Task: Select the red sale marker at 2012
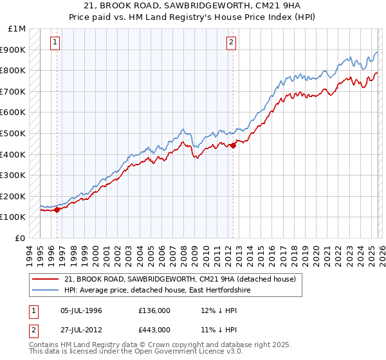233,145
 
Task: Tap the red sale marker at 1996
57,209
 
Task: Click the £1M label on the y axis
17,29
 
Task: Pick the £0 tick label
21,238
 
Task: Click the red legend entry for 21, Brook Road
179,279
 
